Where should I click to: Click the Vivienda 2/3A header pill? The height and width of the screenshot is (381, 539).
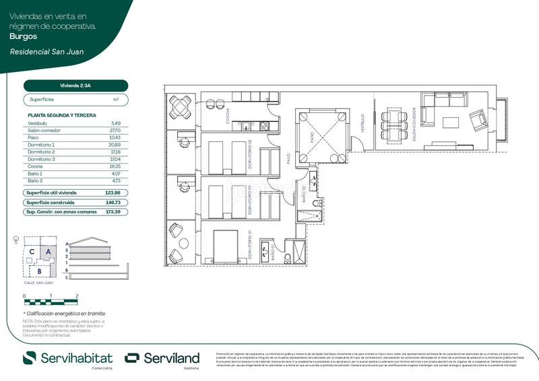(x=75, y=85)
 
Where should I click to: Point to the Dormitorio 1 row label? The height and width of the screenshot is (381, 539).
(x=41, y=145)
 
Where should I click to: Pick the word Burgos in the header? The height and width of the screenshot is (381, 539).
(x=24, y=36)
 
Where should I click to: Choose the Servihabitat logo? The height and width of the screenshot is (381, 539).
(x=67, y=357)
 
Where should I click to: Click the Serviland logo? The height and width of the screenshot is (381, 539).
(x=162, y=357)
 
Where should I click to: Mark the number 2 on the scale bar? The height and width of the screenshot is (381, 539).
(x=77, y=296)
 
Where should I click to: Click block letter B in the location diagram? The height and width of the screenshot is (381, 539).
(x=40, y=271)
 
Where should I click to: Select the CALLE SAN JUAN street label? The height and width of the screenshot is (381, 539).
(x=39, y=283)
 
